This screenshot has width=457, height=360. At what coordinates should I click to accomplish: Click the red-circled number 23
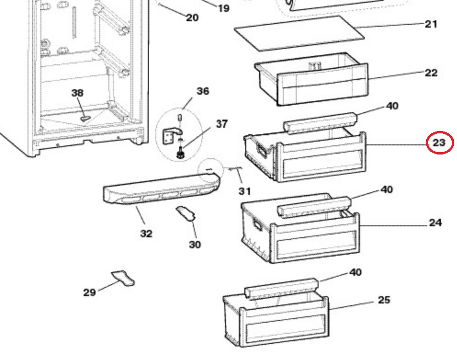(439, 143)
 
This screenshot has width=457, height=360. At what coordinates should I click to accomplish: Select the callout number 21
(431, 24)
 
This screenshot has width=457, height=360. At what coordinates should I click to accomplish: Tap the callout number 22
(431, 73)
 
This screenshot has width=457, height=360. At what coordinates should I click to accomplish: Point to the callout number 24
(435, 223)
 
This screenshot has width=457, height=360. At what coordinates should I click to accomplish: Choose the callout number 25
(384, 300)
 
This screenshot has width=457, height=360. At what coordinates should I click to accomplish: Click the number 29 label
(90, 292)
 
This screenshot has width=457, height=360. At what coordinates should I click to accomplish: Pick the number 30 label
(195, 245)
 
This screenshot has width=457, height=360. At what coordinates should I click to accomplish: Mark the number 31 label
(244, 191)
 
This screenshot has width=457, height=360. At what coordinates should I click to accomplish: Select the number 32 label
(147, 234)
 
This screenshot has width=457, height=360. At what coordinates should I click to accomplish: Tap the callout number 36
(203, 91)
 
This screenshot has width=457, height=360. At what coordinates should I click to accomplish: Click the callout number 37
(221, 124)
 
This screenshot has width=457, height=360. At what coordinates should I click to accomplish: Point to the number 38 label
(77, 93)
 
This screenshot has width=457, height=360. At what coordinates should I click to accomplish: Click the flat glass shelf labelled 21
(299, 34)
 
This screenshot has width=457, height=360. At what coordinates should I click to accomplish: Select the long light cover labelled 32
(162, 189)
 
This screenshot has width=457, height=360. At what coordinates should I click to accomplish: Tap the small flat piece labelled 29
(124, 278)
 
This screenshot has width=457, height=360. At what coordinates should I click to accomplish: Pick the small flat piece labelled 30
(186, 213)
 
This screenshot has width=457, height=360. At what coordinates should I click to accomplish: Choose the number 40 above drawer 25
(355, 273)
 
